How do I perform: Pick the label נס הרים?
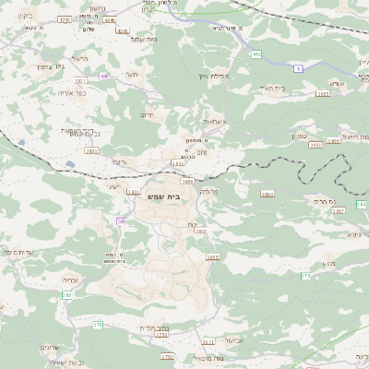[320, 200]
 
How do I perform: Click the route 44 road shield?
[104, 76]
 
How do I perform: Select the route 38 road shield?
[120, 220]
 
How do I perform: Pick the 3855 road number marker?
[213, 258]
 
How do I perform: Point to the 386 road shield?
[268, 194]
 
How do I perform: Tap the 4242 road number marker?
[65, 18]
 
